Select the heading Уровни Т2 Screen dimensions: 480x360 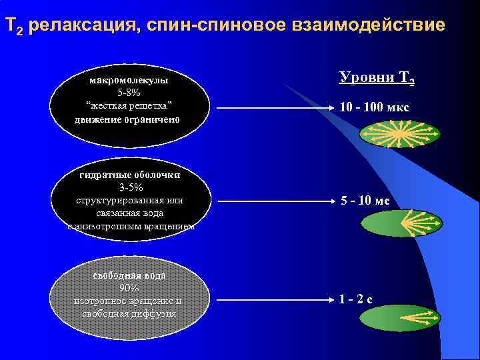pyautogui.click(x=377, y=77)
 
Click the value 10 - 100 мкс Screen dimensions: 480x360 pyautogui.click(x=374, y=107)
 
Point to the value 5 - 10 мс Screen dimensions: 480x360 pyautogui.click(x=365, y=200)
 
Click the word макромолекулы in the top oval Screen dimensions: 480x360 pyautogui.click(x=129, y=80)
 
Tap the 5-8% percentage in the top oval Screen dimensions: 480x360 pyautogui.click(x=129, y=93)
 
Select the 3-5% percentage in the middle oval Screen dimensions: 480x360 pyautogui.click(x=131, y=187)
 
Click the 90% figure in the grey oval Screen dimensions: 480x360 pyautogui.click(x=129, y=288)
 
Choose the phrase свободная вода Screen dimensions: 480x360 pyautogui.click(x=129, y=275)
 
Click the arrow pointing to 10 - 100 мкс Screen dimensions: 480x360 pyautogui.click(x=274, y=108)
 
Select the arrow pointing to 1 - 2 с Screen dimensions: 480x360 pyautogui.click(x=274, y=299)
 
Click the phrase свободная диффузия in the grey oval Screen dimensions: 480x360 pyautogui.click(x=129, y=313)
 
